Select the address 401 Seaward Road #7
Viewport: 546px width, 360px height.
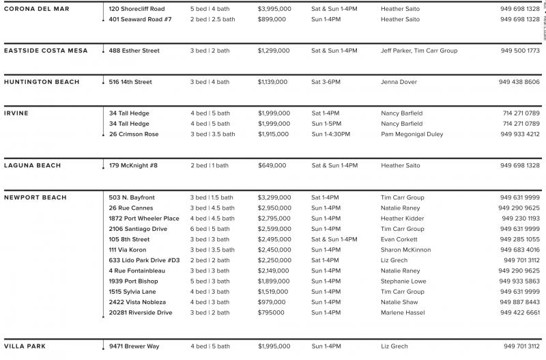140,19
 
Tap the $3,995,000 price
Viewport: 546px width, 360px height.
274,9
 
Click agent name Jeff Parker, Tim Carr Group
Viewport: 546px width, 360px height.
418,51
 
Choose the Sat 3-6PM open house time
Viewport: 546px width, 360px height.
327,82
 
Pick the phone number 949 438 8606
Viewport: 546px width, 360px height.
519,82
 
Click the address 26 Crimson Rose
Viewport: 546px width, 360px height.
134,135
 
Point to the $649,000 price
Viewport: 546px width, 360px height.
272,165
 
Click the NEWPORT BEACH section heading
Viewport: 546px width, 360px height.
35,197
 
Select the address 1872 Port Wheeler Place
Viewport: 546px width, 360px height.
144,219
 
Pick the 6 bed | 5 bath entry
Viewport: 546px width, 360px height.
210,229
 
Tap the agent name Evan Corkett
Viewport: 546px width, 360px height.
400,240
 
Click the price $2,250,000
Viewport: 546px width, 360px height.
274,260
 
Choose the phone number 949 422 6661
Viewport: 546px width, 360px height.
519,313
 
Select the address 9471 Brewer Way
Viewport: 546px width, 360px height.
134,346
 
